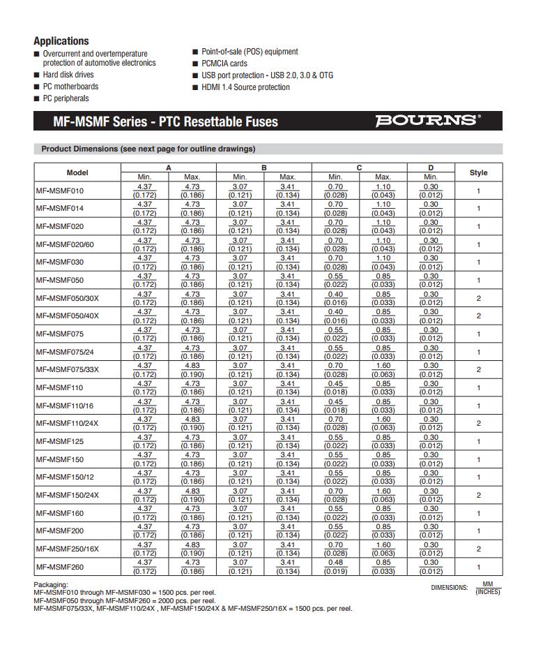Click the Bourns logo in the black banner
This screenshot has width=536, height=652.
coord(427,121)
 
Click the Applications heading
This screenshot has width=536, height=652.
coord(61,41)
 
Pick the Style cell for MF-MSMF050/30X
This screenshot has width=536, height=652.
coord(478,298)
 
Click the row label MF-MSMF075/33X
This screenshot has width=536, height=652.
coord(67,370)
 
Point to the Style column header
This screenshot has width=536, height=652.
coord(478,172)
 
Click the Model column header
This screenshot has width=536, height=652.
coord(77,172)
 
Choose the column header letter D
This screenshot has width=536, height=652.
coord(431,168)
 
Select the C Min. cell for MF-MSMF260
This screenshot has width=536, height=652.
coord(335,567)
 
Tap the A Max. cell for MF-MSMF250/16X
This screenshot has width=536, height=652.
coord(192,549)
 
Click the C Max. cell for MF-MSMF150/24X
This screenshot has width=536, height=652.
coord(383,495)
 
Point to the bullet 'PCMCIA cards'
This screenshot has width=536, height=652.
coord(224,64)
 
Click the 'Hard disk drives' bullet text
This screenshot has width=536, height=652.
coord(68,75)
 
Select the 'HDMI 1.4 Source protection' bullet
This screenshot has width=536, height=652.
coord(245,87)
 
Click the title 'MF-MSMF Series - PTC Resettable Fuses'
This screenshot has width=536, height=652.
coord(166,121)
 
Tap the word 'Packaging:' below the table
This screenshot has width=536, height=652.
coord(51,584)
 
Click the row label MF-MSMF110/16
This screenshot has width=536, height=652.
coord(64,406)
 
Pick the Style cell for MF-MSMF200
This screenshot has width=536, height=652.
coord(478,531)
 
